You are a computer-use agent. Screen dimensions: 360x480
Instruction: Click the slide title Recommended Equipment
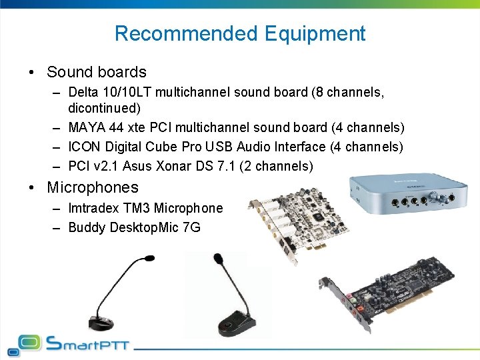[240, 33]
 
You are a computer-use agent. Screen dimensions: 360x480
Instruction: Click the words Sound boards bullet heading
[96, 72]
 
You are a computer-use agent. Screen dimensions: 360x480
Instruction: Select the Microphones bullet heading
[93, 187]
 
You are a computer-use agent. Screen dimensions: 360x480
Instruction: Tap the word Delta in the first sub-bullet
[83, 92]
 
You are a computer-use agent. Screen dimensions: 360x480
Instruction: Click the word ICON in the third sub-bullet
[83, 147]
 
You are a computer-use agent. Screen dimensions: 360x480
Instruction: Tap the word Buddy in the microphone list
[86, 228]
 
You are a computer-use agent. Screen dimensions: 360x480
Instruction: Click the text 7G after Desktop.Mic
[191, 228]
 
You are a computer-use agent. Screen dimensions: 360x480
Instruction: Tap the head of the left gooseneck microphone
[147, 257]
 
